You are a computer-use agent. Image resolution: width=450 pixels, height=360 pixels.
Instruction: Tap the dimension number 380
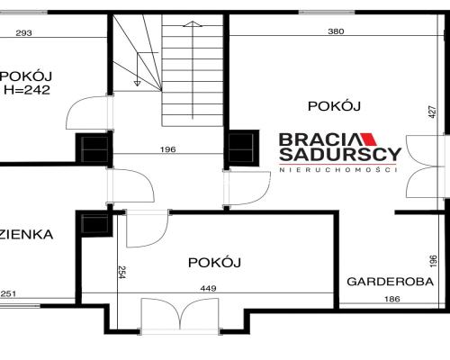tap(335, 32)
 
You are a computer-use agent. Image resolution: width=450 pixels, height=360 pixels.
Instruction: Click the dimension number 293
tap(24, 33)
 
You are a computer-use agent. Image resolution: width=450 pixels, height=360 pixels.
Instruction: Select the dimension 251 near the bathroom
tap(9, 293)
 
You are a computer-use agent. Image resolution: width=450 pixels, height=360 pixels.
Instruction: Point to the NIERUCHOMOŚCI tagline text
tap(339, 171)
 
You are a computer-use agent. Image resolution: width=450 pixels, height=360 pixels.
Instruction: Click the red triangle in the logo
tap(370, 140)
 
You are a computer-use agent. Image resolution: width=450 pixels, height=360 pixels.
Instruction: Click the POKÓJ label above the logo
tap(334, 105)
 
